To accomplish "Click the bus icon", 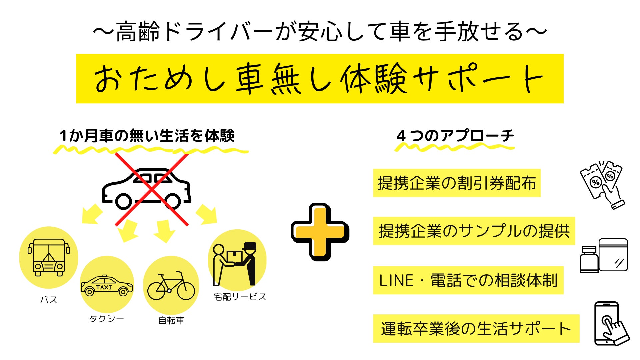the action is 49,258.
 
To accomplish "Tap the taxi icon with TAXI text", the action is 107,286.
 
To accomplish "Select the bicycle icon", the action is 171,286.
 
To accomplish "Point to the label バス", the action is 49,300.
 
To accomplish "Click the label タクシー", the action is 107,319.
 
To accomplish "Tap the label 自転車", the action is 171,321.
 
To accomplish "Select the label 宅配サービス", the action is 240,297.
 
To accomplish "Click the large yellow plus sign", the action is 320,232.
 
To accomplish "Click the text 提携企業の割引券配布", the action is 457,183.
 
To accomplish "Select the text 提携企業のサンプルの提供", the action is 474,231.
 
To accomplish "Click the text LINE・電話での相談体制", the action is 468,280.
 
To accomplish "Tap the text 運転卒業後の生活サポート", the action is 476,328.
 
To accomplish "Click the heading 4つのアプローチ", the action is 455,136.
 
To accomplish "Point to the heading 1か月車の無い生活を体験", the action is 147,136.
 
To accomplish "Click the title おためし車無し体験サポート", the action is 319,79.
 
